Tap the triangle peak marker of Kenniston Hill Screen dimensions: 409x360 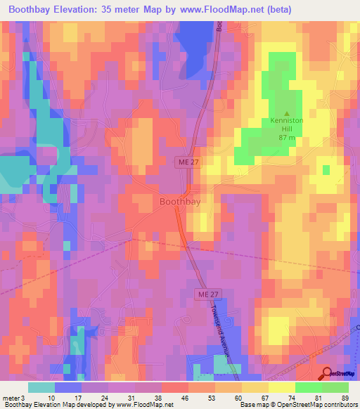(287, 113)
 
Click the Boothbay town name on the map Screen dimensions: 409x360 (180, 202)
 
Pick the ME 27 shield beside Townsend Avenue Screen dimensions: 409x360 (204, 292)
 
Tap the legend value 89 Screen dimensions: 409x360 (345, 397)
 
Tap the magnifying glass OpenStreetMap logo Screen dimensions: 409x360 (328, 375)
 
